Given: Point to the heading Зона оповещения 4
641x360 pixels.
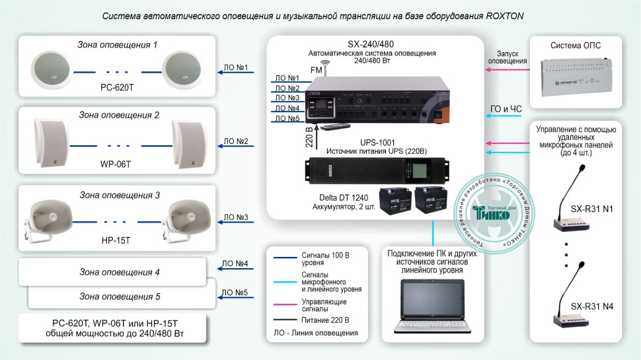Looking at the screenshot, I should point(120,271).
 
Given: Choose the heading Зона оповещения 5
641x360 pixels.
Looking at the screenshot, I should point(120,296).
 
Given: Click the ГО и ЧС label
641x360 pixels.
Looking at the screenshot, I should point(511,108).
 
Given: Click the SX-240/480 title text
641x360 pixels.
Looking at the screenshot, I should point(371,43).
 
